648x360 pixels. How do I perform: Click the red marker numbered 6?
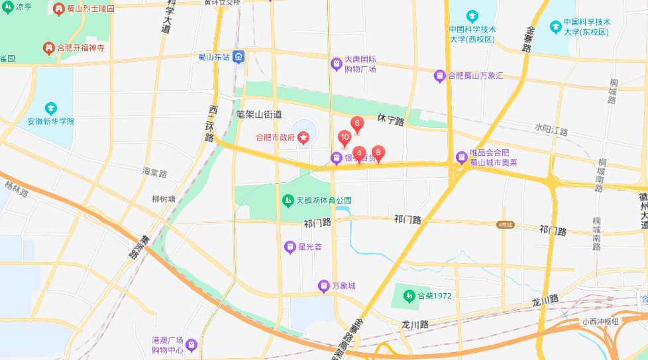[x=356, y=124]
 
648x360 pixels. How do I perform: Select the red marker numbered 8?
[x=378, y=152]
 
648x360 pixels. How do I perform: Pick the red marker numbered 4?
[x=358, y=154]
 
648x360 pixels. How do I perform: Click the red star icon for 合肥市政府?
[x=303, y=138]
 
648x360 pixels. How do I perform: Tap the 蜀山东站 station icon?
[x=238, y=57]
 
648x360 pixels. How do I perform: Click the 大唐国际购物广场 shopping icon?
[x=337, y=64]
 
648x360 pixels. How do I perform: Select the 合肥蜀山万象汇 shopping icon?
[x=439, y=76]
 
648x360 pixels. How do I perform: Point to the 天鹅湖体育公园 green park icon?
[x=288, y=200]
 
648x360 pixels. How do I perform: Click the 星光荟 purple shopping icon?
[x=290, y=247]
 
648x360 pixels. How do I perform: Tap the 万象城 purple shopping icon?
[x=323, y=286]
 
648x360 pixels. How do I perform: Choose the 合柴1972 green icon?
[x=408, y=296]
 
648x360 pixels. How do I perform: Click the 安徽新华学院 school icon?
[x=51, y=108]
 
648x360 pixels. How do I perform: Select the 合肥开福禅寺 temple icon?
[x=48, y=48]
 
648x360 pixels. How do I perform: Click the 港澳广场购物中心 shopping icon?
[x=191, y=345]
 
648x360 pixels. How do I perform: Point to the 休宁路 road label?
[x=390, y=119]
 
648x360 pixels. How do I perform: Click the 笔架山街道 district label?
[x=259, y=115]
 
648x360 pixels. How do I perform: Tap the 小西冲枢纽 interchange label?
[x=600, y=322]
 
